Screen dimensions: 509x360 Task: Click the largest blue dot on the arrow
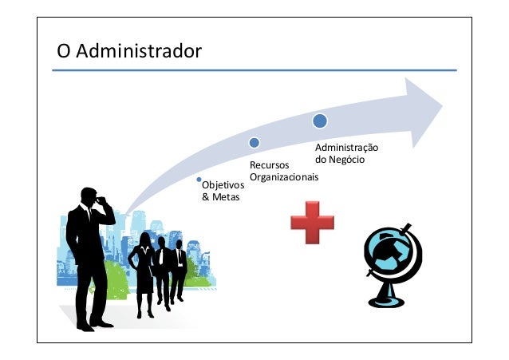[x=320, y=121]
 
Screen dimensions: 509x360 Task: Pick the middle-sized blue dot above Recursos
[x=254, y=143]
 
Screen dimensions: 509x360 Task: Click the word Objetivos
[x=223, y=186]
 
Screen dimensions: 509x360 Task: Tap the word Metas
[x=220, y=197]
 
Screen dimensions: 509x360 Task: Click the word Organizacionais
[x=284, y=176]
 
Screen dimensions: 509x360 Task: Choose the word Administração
[x=346, y=148]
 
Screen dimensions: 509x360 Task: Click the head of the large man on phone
[x=87, y=196]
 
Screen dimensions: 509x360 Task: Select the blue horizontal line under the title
[x=254, y=70]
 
